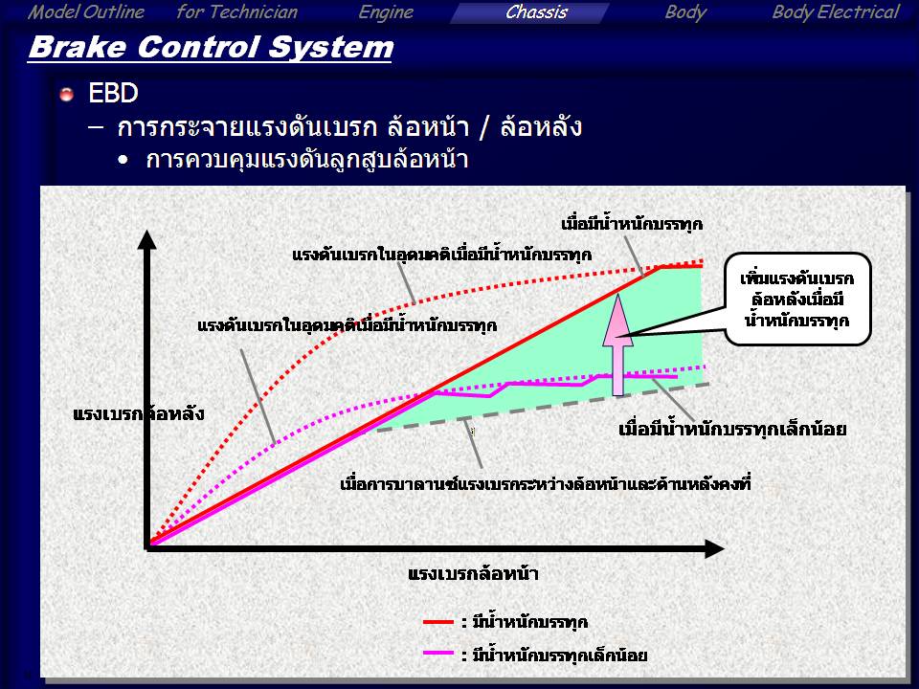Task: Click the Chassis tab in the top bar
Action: [536, 12]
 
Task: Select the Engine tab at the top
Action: [386, 12]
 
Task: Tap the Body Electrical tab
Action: [835, 12]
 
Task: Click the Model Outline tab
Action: [85, 12]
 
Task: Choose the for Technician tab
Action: [236, 12]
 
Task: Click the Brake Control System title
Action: [211, 48]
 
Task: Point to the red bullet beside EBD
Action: [66, 94]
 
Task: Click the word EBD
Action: [113, 93]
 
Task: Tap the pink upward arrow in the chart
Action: [617, 344]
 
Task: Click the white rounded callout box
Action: [797, 299]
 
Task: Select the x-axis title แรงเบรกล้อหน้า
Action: [473, 573]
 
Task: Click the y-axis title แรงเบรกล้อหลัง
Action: [138, 413]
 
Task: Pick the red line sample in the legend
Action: [438, 622]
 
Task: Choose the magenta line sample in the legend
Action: [438, 654]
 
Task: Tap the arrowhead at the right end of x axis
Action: [714, 549]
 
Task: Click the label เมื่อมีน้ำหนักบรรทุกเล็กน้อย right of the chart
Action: [732, 430]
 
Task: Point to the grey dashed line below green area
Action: [543, 408]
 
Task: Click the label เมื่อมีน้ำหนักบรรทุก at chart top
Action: [632, 224]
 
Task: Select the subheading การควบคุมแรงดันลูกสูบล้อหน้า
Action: [307, 160]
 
